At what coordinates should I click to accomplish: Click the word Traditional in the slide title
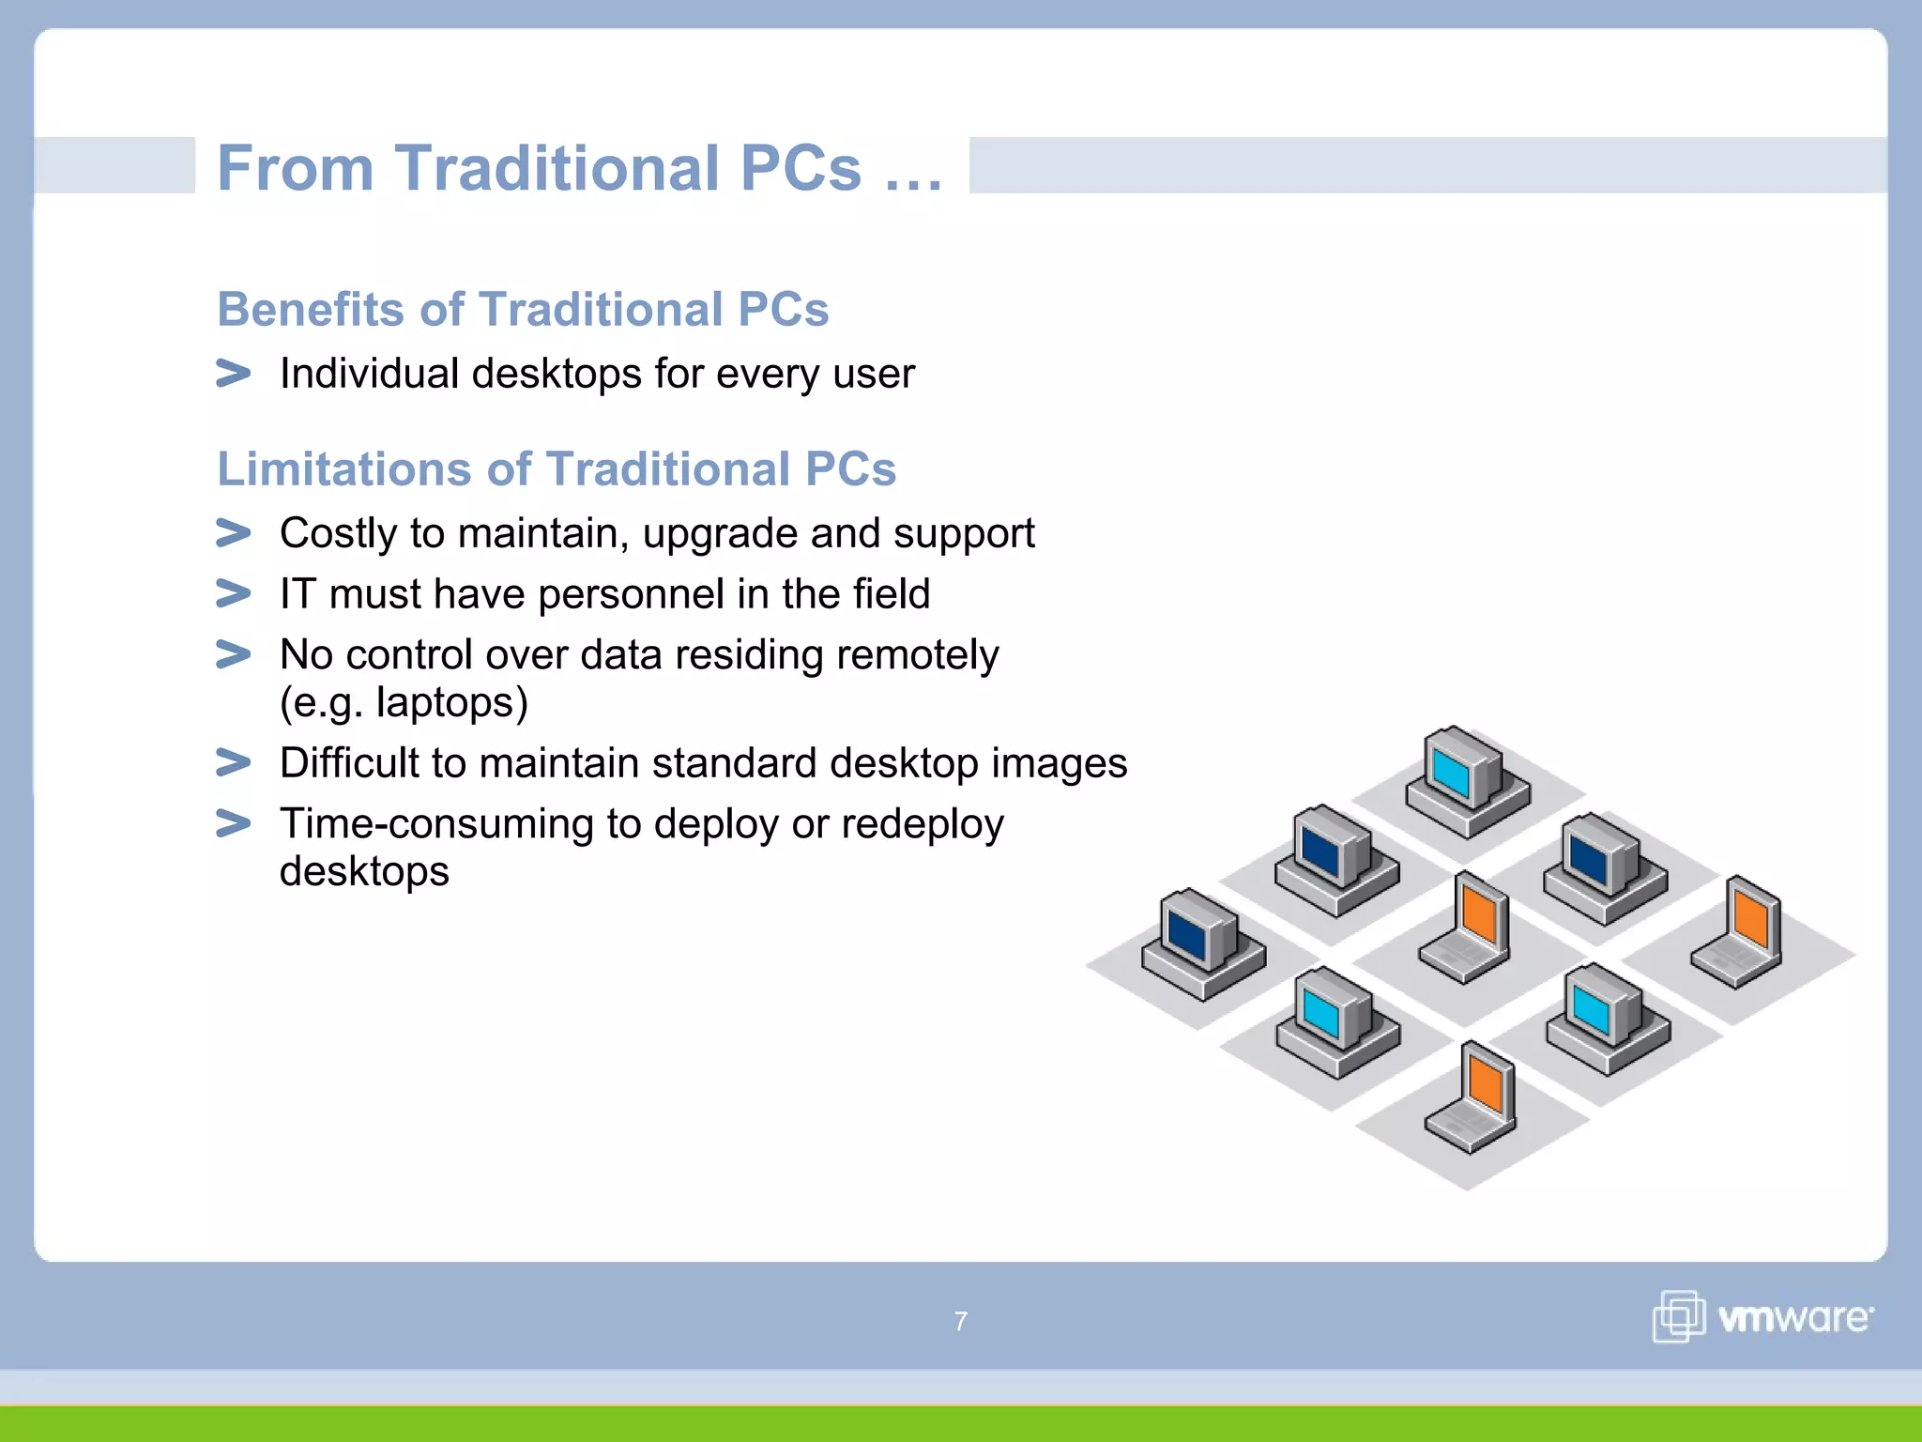pyautogui.click(x=557, y=169)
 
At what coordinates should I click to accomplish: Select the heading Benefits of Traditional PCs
pyautogui.click(x=523, y=310)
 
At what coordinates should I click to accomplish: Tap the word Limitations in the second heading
pyautogui.click(x=342, y=468)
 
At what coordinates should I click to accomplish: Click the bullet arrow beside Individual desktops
pyautogui.click(x=233, y=374)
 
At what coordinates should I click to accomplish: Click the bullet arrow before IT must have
pyautogui.click(x=233, y=593)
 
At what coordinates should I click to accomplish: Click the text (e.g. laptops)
pyautogui.click(x=404, y=702)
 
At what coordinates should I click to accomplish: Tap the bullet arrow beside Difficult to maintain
pyautogui.click(x=233, y=762)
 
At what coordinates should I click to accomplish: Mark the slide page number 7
pyautogui.click(x=960, y=1322)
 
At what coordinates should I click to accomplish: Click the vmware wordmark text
pyautogui.click(x=1794, y=1318)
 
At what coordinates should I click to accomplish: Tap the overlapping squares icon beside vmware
pyautogui.click(x=1678, y=1316)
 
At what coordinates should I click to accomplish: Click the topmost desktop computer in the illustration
pyautogui.click(x=1466, y=781)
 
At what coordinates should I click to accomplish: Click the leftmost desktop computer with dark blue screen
pyautogui.click(x=1201, y=943)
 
